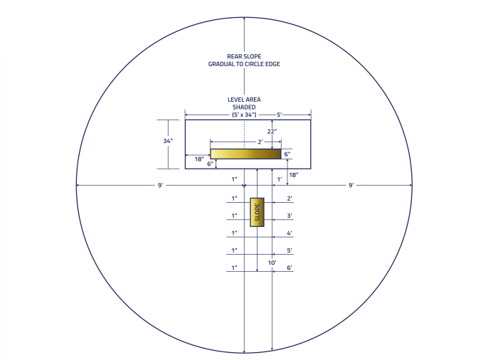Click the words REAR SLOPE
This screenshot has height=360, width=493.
[244, 56]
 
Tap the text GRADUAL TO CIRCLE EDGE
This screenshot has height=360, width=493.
[244, 64]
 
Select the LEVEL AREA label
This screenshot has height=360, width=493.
[244, 100]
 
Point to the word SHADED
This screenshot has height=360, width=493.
[244, 107]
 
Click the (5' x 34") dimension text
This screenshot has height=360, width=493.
[244, 115]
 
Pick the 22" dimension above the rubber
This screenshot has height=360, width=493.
[272, 132]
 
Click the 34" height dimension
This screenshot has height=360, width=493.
[168, 141]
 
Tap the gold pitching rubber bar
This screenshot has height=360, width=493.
[245, 154]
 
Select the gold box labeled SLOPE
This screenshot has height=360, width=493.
[258, 212]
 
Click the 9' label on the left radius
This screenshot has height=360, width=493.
[160, 185]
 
